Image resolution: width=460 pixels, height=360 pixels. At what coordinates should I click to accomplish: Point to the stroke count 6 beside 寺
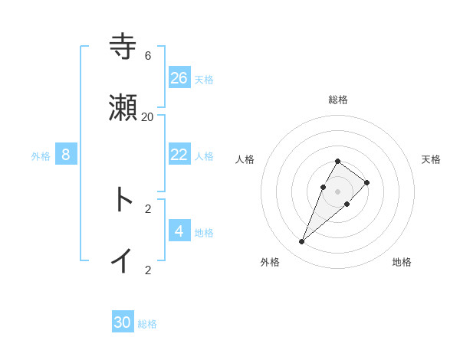(148, 56)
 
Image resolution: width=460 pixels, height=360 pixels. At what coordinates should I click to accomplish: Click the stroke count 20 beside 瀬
(148, 117)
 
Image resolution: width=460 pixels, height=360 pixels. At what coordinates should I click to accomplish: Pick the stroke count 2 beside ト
(148, 208)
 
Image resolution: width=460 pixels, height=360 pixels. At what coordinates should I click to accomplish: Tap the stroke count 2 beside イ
(148, 270)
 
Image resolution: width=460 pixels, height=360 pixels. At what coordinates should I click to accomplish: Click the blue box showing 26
(179, 77)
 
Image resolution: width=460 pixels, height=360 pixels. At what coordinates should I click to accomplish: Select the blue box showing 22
(179, 154)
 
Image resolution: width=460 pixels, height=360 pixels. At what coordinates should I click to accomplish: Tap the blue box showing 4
(179, 231)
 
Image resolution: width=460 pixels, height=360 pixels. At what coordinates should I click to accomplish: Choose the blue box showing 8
(66, 155)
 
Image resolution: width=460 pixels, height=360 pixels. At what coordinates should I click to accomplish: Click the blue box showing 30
(123, 322)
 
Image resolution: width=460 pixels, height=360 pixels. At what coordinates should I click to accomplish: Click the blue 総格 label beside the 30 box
(147, 324)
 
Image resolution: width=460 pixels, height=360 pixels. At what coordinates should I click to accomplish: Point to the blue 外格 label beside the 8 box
(41, 156)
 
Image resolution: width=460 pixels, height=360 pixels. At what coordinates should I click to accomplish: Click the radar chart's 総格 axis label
(337, 100)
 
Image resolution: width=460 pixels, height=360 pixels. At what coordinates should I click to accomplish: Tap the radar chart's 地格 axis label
(402, 262)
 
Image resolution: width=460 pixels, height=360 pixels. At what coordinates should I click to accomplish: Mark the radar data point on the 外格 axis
(301, 241)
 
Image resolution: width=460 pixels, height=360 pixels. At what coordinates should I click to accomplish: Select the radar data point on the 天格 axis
(367, 182)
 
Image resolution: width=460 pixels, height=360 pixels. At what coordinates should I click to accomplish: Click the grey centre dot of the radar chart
(337, 191)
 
